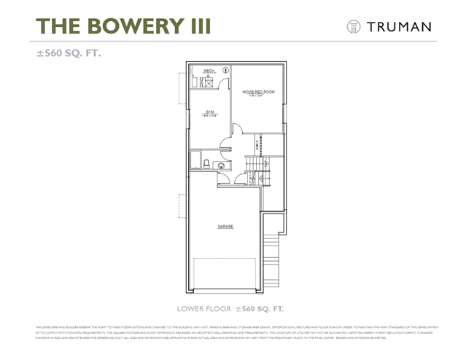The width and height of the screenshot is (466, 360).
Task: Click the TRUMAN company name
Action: point(400,26)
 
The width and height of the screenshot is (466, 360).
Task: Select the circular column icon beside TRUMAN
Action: point(354,26)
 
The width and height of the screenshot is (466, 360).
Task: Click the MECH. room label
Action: point(208,71)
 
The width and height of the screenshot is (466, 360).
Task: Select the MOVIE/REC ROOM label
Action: point(258,92)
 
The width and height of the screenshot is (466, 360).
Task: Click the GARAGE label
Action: point(225,227)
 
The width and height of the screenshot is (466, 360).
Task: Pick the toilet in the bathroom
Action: point(206,163)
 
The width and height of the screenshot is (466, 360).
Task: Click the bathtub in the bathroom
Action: point(195,160)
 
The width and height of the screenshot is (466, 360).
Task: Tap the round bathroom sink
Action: point(220,167)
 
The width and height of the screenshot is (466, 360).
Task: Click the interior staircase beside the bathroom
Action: point(255,171)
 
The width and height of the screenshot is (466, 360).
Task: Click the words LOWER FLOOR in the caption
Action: point(203,308)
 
